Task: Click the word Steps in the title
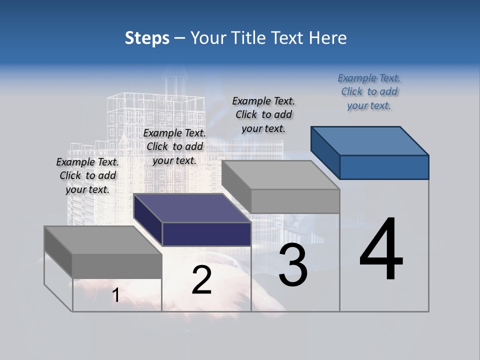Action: click(147, 38)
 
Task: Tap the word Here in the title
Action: click(328, 38)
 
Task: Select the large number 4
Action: click(381, 250)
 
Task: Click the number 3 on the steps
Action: click(293, 265)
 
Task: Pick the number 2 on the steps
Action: click(201, 280)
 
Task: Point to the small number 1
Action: click(115, 295)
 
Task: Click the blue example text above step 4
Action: click(369, 91)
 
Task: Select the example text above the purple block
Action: click(174, 146)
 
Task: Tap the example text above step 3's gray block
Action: click(263, 114)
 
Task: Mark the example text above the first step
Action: click(87, 175)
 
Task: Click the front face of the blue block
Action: click(384, 167)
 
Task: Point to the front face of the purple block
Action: click(206, 234)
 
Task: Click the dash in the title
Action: click(179, 38)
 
